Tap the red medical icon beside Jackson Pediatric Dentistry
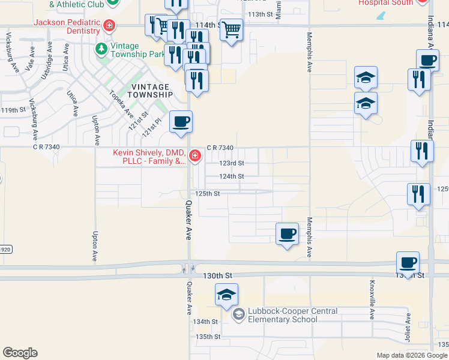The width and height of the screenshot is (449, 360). point(109,25)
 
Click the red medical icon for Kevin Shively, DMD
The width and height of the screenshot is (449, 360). point(194,157)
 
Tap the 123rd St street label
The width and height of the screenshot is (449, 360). point(232,163)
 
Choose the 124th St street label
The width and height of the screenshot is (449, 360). point(232,176)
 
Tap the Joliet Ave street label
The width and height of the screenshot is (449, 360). point(408,326)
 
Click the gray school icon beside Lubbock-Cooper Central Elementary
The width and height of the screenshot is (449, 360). point(238,314)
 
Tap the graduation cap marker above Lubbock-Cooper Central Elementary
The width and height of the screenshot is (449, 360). point(227,295)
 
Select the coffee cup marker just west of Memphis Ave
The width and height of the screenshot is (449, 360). point(288,233)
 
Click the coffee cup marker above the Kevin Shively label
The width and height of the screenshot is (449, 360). point(181,122)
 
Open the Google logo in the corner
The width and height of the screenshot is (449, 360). point(20,353)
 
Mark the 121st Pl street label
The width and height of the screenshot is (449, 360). point(152,126)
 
